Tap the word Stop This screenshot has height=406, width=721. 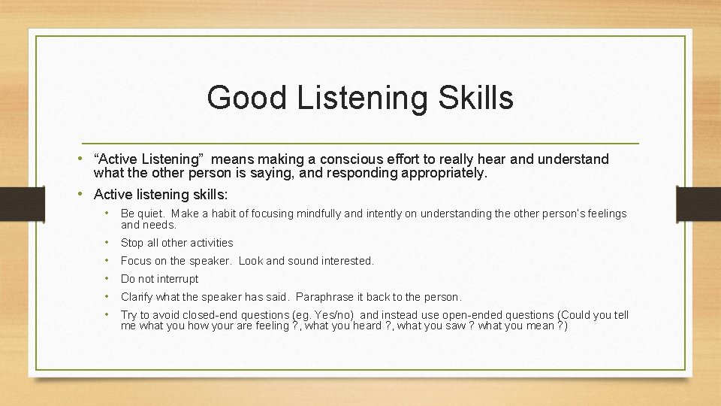tap(132, 243)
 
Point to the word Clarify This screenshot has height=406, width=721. tap(137, 297)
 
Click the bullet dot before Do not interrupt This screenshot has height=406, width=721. tap(108, 279)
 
